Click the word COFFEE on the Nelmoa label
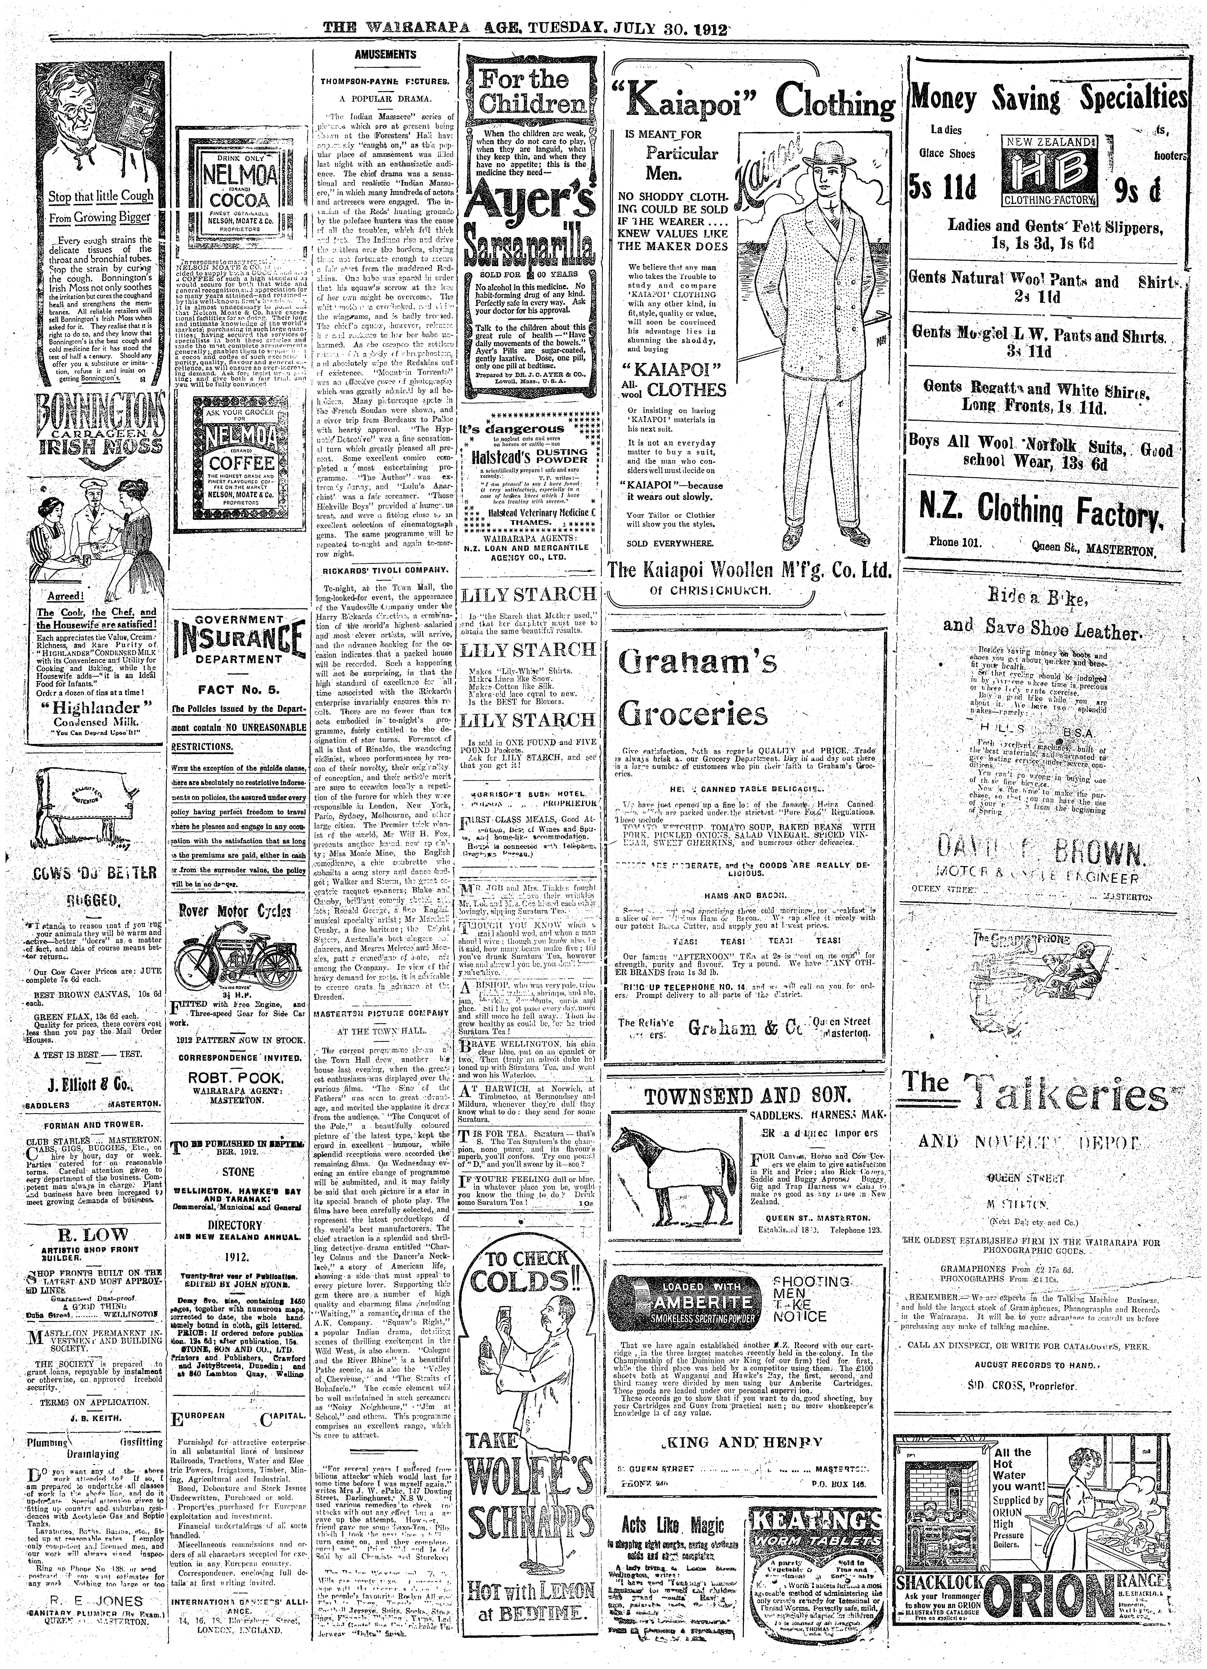pyautogui.click(x=235, y=464)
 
